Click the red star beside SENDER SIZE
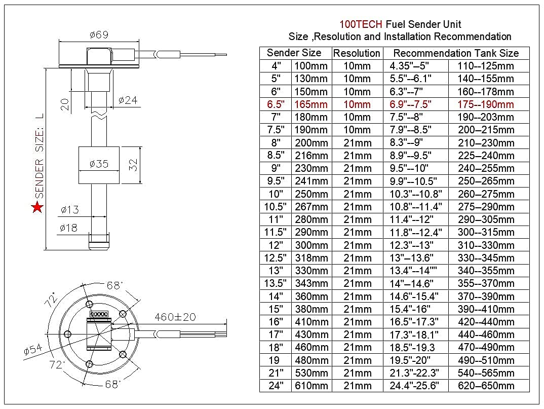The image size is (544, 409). pyautogui.click(x=37, y=207)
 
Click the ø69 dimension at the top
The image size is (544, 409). pyautogui.click(x=99, y=35)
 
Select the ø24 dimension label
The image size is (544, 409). pyautogui.click(x=128, y=100)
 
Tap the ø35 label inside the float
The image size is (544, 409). pyautogui.click(x=99, y=164)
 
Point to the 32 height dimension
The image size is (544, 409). pyautogui.click(x=132, y=165)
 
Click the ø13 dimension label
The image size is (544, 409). pyautogui.click(x=69, y=210)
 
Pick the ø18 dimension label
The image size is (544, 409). pyautogui.click(x=68, y=228)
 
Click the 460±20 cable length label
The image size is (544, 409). pyautogui.click(x=175, y=317)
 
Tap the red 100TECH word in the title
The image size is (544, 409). pyautogui.click(x=361, y=24)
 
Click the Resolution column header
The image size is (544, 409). pyautogui.click(x=357, y=53)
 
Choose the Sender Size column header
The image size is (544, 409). pyautogui.click(x=294, y=53)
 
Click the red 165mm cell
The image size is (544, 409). pyautogui.click(x=311, y=104)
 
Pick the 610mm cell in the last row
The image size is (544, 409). pyautogui.click(x=311, y=386)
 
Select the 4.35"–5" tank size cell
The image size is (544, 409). pyautogui.click(x=409, y=66)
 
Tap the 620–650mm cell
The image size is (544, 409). pyautogui.click(x=486, y=386)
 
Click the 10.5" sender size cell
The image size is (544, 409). pyautogui.click(x=276, y=207)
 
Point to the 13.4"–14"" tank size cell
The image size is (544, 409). pyautogui.click(x=414, y=271)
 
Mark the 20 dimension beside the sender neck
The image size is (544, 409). pyautogui.click(x=64, y=104)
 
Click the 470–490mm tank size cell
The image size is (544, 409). pyautogui.click(x=486, y=348)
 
